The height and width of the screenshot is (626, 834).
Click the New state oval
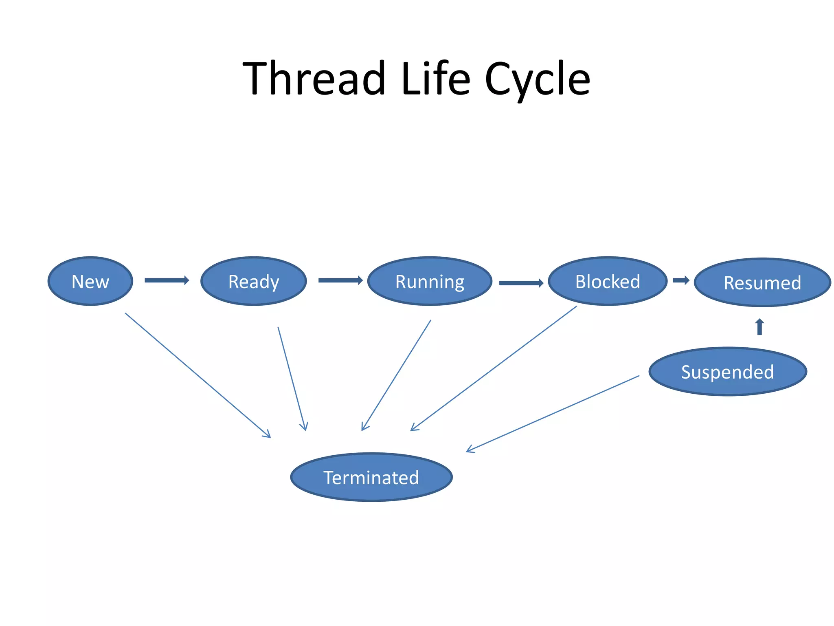tap(90, 281)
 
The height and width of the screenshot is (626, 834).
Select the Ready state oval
tap(253, 281)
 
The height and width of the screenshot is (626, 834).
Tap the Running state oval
tap(430, 281)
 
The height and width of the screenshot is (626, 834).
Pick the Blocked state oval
tap(608, 281)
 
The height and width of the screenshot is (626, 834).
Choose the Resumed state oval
tap(762, 282)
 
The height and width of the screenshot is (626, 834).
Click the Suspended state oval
tap(728, 372)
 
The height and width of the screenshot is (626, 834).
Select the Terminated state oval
tap(371, 477)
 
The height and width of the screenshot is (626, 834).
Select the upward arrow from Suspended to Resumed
tap(759, 327)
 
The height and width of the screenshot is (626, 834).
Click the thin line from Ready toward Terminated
tap(292, 378)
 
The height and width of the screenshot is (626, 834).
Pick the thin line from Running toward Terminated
tap(396, 375)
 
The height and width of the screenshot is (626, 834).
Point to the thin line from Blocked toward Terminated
tap(494, 368)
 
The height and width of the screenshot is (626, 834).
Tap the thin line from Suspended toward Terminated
tap(553, 414)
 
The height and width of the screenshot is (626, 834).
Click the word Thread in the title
tap(314, 78)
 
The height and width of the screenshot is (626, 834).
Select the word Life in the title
tap(435, 78)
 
